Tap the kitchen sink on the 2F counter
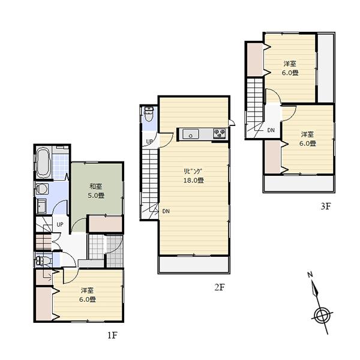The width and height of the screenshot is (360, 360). coord(191,134)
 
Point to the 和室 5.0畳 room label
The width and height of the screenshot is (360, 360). coord(97,191)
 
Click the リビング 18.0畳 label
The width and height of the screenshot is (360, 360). coord(194,175)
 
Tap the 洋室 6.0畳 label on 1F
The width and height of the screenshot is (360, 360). coord(88,295)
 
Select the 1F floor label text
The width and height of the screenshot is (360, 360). coord(112,335)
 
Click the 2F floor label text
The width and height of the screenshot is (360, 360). coord(220,287)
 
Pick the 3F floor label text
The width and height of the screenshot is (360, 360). coord(325,206)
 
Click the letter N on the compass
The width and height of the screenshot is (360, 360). coord(310,275)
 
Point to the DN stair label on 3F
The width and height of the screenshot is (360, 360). coord(271,130)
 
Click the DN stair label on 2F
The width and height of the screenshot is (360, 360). coord(166,211)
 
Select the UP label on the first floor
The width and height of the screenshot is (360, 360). coord(59,224)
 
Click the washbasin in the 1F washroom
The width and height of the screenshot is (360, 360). coord(40,208)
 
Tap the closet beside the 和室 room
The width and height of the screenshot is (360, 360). coord(106,223)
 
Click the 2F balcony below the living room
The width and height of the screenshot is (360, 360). coord(194,265)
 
